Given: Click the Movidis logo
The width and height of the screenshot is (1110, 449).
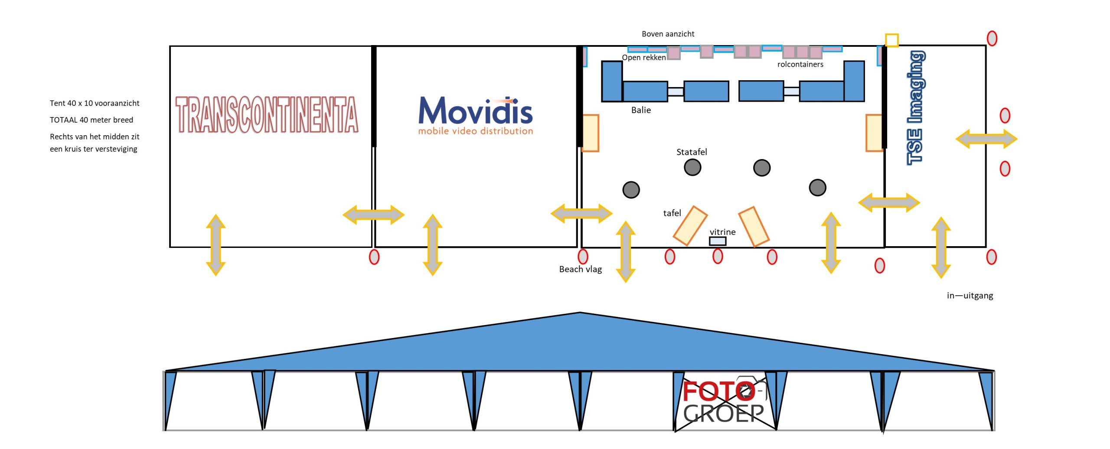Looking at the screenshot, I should pos(475,115).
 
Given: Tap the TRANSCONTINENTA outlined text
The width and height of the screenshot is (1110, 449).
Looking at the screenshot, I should pos(267,114).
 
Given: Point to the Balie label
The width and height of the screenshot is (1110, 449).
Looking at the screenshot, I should pos(641,110).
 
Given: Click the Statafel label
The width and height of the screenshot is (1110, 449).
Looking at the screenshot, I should pos(691,152).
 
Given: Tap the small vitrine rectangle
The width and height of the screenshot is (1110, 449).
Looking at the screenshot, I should pos(718,241).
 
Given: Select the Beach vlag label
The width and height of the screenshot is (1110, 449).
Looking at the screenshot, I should pos(580,269).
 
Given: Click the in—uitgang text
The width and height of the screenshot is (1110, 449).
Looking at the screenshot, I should pos(970,296).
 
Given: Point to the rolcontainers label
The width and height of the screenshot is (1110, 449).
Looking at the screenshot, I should pos(800,65).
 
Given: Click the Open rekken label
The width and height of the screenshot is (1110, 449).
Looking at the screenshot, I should pos(643,58).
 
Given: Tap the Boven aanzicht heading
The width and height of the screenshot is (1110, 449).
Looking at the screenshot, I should pos(668,34).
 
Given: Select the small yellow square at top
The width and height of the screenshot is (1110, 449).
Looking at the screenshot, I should pos(891,40).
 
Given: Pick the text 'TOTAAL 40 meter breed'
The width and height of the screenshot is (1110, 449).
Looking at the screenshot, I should pos(91,120).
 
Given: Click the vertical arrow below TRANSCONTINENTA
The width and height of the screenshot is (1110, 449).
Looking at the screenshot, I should pos(215,245).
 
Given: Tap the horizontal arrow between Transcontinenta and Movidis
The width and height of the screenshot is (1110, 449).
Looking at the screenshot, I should pos(373,215).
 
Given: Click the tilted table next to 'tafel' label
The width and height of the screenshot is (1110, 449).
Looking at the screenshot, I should pos(690,225).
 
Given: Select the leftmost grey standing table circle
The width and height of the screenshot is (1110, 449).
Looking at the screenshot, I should pos(631,190).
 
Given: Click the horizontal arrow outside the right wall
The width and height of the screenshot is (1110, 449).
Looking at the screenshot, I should pos(986,139).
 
